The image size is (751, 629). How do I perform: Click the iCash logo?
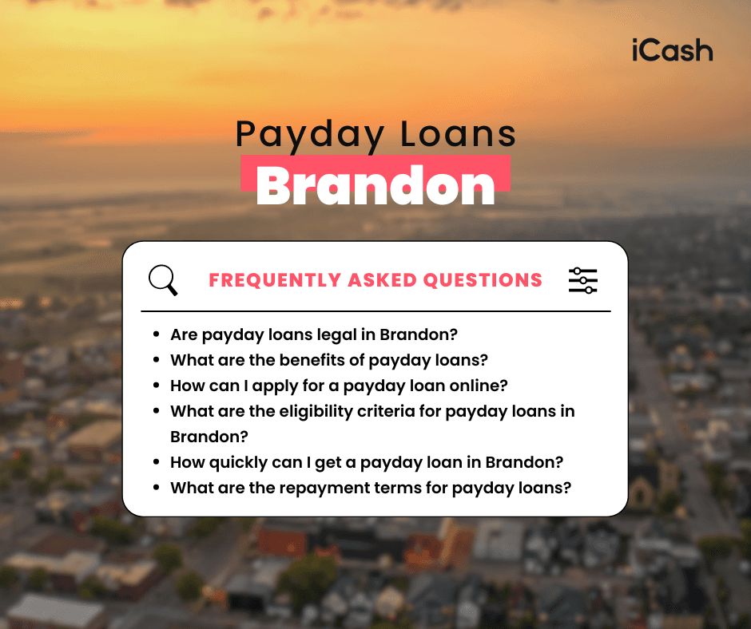coord(670,50)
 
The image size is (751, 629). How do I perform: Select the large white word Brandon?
coord(375,185)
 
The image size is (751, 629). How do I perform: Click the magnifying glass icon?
coord(163,280)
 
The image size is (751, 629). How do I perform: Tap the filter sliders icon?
coord(582,280)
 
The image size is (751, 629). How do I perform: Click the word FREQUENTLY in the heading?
coord(275,280)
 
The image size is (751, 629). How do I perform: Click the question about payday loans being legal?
coord(313,334)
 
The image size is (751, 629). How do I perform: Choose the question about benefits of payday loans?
coord(328,360)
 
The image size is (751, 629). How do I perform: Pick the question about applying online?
coord(339,386)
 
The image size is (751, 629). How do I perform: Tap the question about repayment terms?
coord(371,488)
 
